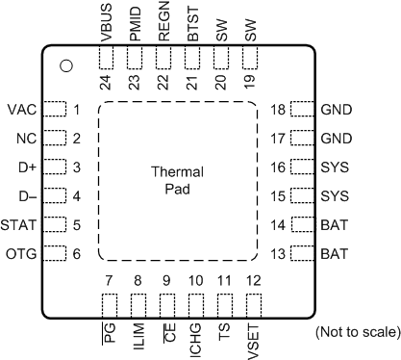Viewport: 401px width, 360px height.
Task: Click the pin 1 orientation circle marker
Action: point(66,65)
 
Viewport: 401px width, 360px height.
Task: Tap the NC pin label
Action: point(26,138)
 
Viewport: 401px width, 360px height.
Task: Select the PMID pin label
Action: point(137,22)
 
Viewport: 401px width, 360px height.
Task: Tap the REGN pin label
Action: point(165,22)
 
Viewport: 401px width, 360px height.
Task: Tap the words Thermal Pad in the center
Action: point(178,180)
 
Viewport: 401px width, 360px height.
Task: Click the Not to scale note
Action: point(357,333)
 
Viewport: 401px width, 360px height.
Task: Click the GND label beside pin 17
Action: point(338,138)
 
